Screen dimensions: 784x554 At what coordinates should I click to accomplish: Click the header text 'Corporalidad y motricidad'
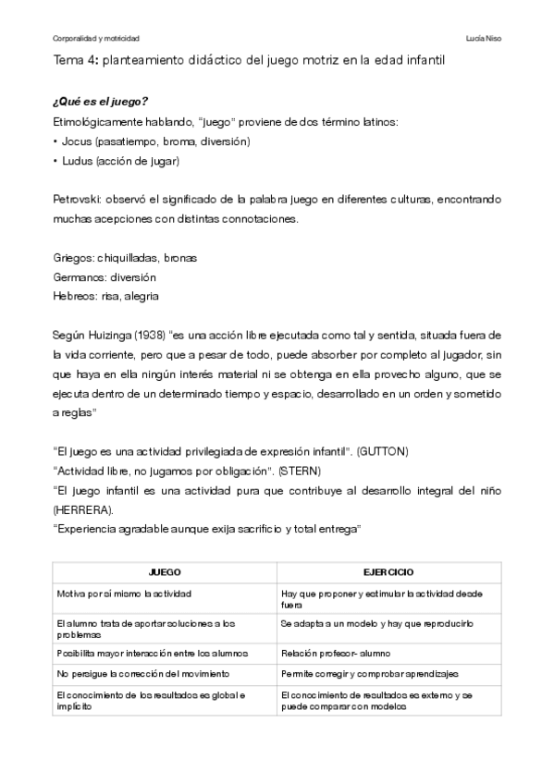coord(95,39)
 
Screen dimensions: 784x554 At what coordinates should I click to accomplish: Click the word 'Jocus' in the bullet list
coord(76,141)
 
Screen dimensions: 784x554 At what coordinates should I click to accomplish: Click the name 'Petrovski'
coord(77,199)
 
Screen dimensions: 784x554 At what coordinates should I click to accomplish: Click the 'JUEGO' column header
coord(164,573)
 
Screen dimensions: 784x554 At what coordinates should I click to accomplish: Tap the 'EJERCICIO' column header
coord(388,573)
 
